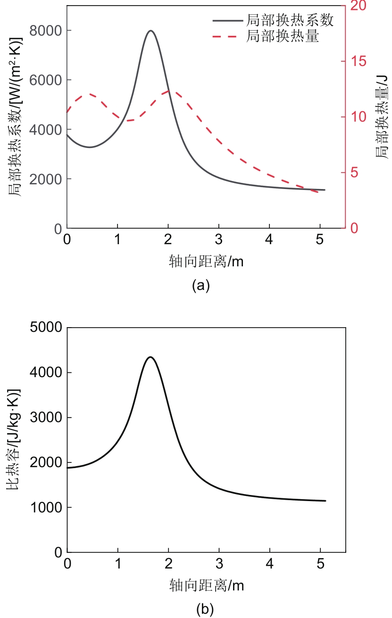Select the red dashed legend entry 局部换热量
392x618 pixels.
[282, 36]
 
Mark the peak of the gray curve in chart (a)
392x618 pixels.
[150, 31]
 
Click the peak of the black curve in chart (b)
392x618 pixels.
[150, 357]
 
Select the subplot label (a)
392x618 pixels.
[200, 285]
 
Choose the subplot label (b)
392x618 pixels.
[205, 609]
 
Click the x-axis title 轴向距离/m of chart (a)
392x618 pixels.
[206, 261]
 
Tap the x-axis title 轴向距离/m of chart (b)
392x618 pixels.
[206, 585]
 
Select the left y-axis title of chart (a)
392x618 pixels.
[14, 117]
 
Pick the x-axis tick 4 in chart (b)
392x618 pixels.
[269, 564]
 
